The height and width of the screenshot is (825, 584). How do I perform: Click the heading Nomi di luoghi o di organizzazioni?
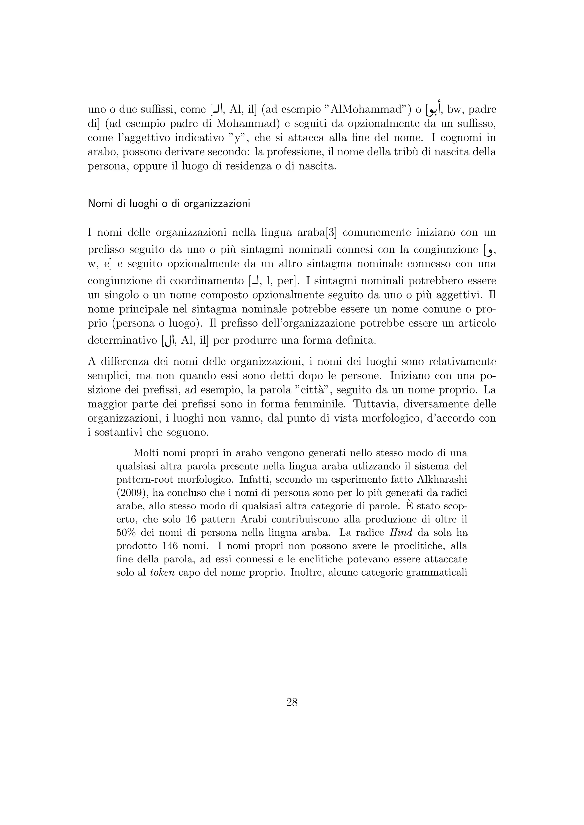169,204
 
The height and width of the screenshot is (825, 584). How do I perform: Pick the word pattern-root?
147,480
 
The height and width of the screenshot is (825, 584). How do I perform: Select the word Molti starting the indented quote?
145,453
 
